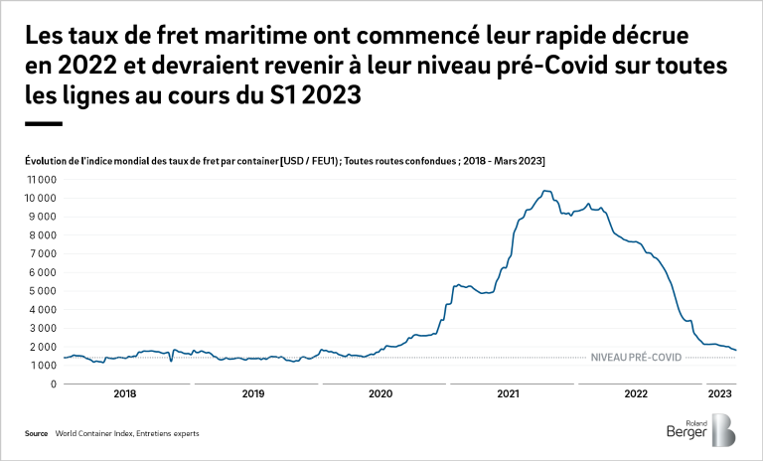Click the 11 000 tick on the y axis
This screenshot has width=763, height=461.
tap(40, 180)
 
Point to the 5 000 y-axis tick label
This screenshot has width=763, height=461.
tap(41, 291)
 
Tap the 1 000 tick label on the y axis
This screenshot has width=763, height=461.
tap(41, 366)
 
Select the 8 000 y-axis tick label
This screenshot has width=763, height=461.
tap(41, 235)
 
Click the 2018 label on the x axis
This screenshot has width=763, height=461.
tap(126, 394)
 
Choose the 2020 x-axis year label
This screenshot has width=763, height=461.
tap(381, 394)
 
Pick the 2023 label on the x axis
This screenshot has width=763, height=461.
tap(719, 394)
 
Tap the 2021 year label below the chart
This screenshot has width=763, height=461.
tap(508, 394)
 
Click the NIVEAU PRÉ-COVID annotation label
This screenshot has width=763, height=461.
tap(636, 357)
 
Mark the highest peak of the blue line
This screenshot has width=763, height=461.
tap(545, 191)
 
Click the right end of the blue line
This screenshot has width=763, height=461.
tap(736, 350)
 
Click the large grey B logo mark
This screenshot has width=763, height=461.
tap(724, 430)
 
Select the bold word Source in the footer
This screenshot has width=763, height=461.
tap(37, 434)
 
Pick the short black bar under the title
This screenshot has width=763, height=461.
tap(43, 123)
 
